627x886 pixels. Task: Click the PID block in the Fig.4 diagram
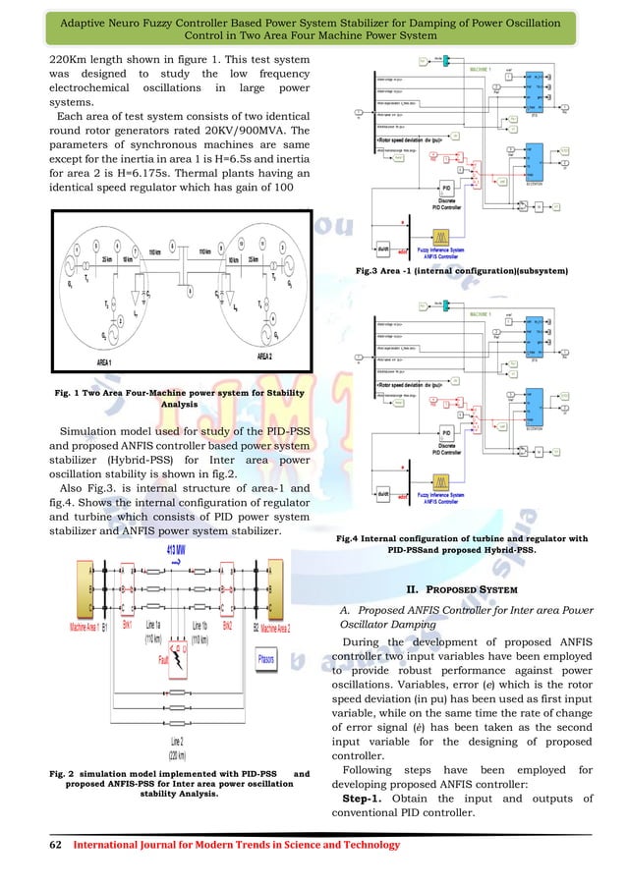446,433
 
